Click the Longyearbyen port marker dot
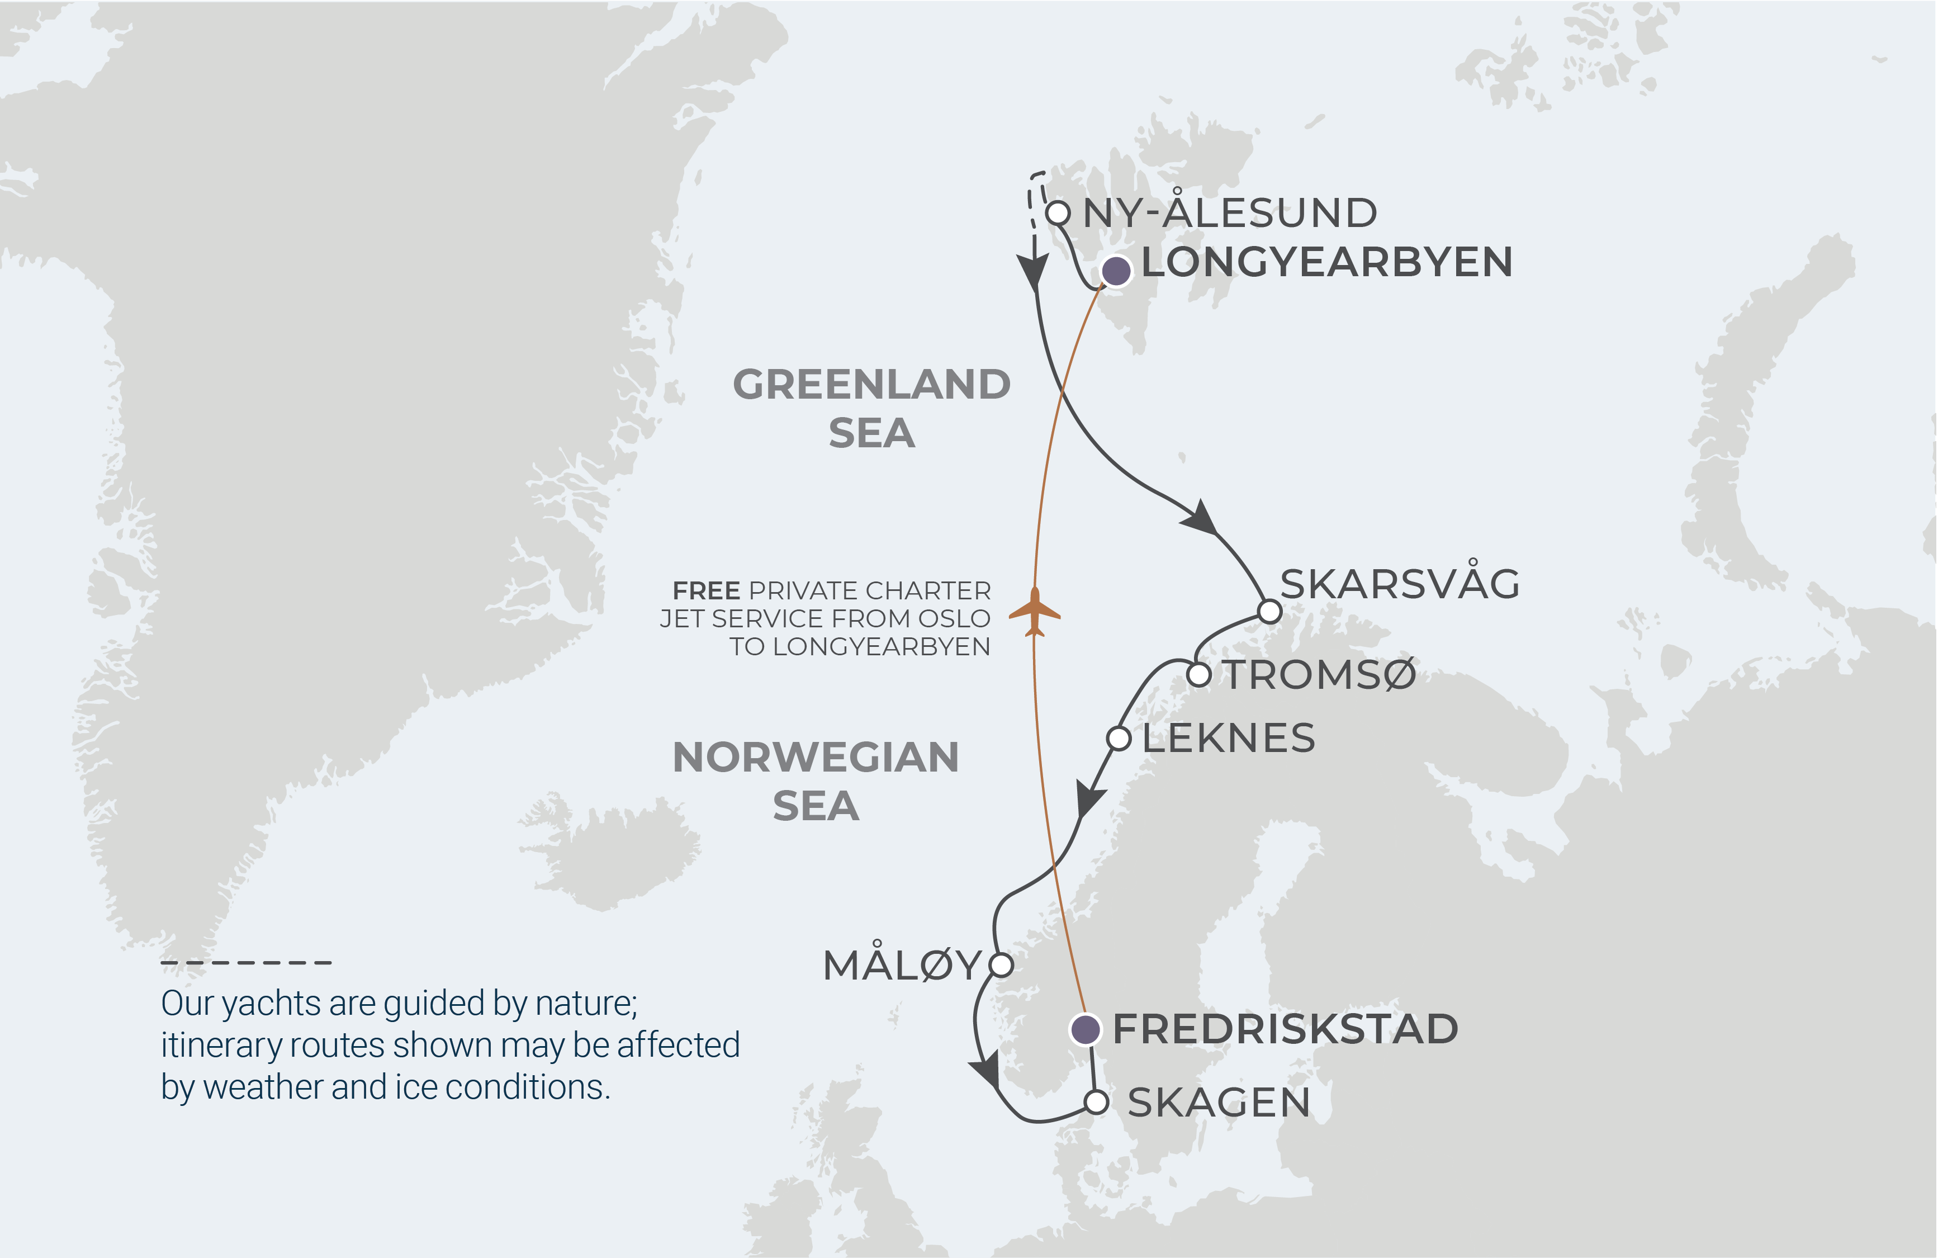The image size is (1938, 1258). pyautogui.click(x=1116, y=270)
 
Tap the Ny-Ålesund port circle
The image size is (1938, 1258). pyautogui.click(x=1057, y=214)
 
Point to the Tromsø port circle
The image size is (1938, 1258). pyautogui.click(x=1198, y=674)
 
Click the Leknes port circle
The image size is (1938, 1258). pyautogui.click(x=1119, y=739)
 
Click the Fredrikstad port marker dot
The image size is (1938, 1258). pyautogui.click(x=1084, y=1029)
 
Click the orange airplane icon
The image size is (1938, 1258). pyautogui.click(x=1034, y=612)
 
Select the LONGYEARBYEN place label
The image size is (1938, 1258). pyautogui.click(x=1326, y=262)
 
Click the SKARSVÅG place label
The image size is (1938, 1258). pyautogui.click(x=1400, y=584)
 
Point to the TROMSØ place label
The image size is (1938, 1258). pyautogui.click(x=1320, y=674)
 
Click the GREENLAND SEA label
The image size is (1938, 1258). pyautogui.click(x=871, y=408)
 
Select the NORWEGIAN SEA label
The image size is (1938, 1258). pyautogui.click(x=815, y=781)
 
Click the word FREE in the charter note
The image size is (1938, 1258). pyautogui.click(x=706, y=590)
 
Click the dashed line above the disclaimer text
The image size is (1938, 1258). pyautogui.click(x=246, y=962)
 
